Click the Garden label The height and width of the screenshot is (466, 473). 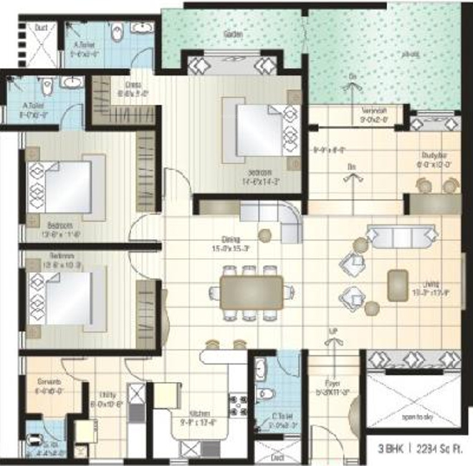tap(232, 34)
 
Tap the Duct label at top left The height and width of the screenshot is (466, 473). tap(41, 28)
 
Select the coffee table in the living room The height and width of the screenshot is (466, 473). tap(397, 285)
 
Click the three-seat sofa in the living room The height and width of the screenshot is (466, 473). tap(401, 235)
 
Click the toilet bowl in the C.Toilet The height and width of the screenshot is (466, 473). tap(265, 393)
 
